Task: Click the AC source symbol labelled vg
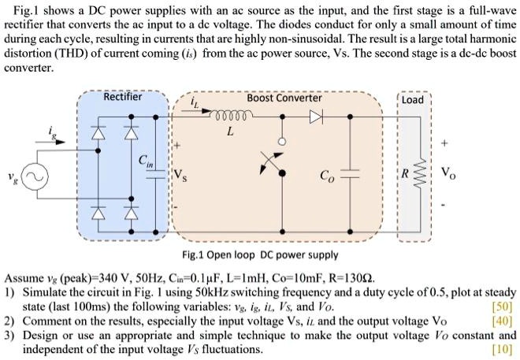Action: tap(35, 180)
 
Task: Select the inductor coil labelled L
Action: tap(229, 115)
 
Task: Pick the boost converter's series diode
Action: tap(315, 115)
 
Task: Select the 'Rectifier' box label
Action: tap(123, 98)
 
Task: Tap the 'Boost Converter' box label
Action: tap(284, 98)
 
